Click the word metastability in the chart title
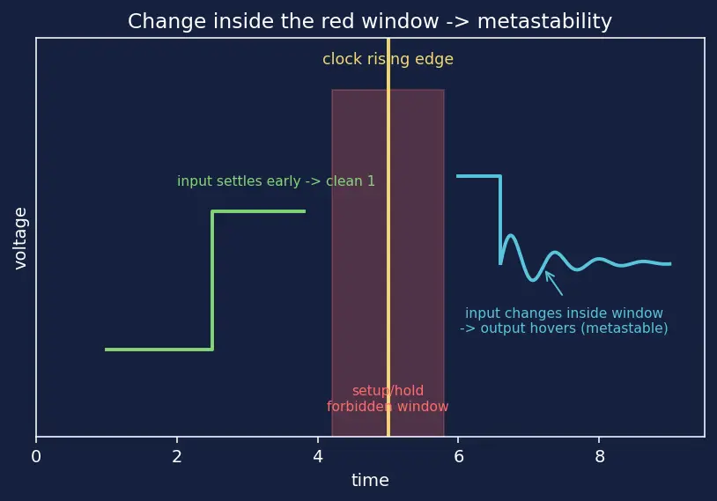tap(544, 21)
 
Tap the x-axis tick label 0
tap(36, 456)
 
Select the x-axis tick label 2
tap(177, 456)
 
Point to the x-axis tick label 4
tap(318, 456)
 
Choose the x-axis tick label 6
tap(459, 456)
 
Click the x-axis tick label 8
tap(600, 456)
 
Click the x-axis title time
tap(370, 480)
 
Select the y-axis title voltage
tap(20, 238)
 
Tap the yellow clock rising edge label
tap(388, 59)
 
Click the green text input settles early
tap(239, 181)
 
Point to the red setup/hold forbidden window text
tap(388, 398)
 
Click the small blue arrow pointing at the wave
tap(554, 284)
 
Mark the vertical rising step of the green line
tap(212, 280)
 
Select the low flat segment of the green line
tap(159, 350)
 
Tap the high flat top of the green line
tap(259, 211)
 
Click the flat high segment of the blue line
tap(479, 176)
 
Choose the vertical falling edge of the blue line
tap(500, 220)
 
